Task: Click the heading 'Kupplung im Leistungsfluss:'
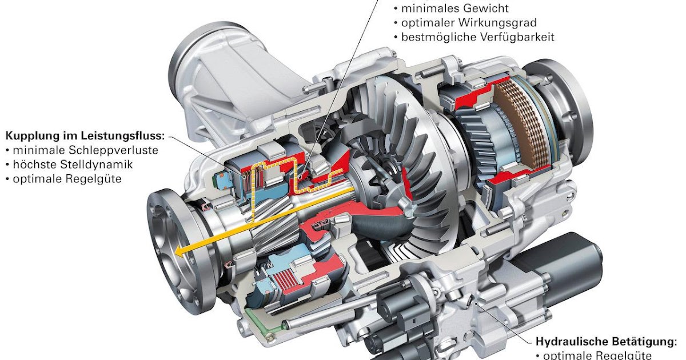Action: (85, 135)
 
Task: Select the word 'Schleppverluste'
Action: (113, 150)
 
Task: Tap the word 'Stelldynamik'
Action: (96, 165)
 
